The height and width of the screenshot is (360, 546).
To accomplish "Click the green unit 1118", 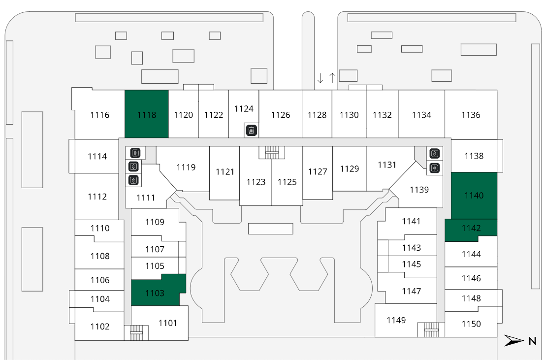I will [146, 114].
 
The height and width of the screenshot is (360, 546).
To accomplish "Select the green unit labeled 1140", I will [474, 196].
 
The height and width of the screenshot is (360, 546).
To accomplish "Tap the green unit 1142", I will [471, 229].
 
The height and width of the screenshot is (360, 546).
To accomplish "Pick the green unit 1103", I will [155, 293].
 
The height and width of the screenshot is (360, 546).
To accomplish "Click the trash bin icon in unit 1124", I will [251, 131].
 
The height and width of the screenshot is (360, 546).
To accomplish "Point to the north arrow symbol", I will [514, 340].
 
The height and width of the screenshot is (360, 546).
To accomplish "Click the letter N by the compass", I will [532, 340].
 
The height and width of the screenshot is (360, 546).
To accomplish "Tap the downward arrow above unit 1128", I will [320, 78].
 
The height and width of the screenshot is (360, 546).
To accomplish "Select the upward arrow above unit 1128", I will [332, 78].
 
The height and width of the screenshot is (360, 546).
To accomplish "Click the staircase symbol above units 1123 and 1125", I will [272, 152].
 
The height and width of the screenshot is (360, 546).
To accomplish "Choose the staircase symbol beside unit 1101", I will [136, 332].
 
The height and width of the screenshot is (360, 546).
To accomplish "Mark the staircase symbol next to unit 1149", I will [431, 329].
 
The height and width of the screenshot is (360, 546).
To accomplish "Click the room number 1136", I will [471, 115].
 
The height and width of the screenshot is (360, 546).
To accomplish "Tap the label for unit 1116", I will [99, 115].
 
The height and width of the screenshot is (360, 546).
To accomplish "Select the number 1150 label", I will [471, 324].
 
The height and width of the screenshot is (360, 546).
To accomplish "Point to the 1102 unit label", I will [99, 327].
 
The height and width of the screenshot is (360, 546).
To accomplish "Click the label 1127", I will [318, 171].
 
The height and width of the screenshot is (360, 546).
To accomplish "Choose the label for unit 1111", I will [146, 198].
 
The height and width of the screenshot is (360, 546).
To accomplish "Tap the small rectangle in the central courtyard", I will [270, 229].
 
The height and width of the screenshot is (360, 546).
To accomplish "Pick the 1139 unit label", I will [419, 190].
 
